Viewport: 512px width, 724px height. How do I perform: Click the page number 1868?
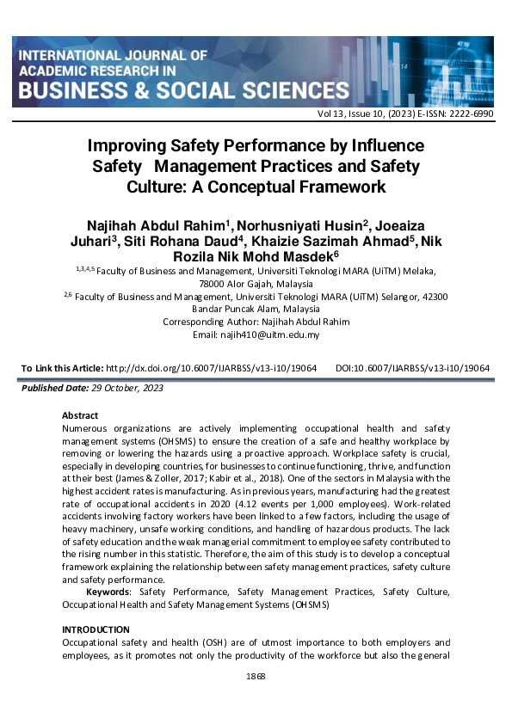click(256, 676)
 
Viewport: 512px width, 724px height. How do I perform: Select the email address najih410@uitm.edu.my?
click(269, 334)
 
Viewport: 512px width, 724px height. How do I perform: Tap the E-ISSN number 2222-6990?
click(471, 114)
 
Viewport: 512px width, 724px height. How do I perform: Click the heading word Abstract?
click(81, 414)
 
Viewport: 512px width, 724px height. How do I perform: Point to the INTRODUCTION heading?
click(96, 629)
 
